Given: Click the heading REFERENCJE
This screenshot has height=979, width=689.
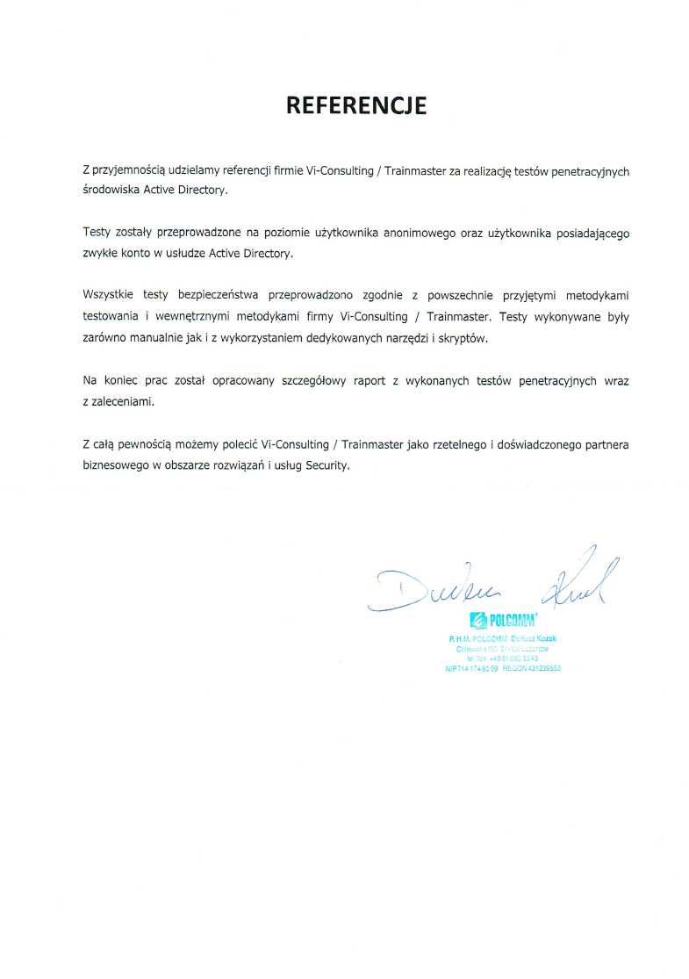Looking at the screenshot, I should click(356, 106).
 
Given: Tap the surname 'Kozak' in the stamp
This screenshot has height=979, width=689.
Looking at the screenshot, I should click(542, 638).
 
